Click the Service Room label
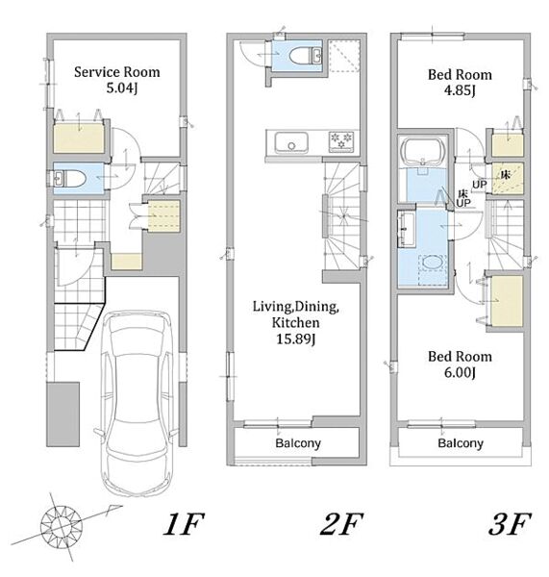point(117,72)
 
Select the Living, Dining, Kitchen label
point(295,314)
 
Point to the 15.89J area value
point(296,339)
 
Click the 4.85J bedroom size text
point(460,90)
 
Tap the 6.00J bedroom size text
point(460,372)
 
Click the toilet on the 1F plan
point(70,179)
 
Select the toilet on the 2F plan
point(306,57)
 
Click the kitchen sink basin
point(291,142)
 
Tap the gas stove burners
point(341,141)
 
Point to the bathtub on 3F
point(423,152)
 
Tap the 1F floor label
point(184,524)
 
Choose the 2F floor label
point(342,524)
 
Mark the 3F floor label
point(510,524)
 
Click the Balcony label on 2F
point(298,443)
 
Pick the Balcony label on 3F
point(461,443)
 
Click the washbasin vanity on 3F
point(406,229)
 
